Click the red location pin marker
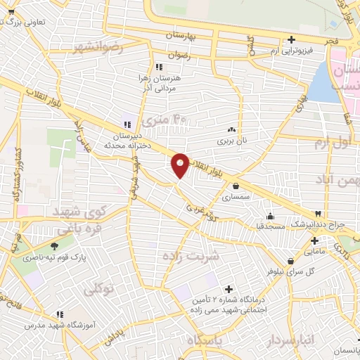180,165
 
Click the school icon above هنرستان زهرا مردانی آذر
148,67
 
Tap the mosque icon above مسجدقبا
271,216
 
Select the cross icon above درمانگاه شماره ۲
228,288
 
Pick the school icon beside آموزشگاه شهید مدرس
60,314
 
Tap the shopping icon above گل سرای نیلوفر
289,261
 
